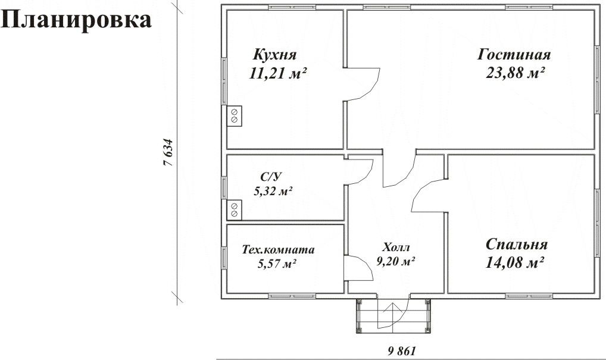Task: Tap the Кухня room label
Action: (x=274, y=55)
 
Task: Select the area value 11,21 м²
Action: (x=278, y=73)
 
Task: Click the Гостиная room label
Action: (x=514, y=55)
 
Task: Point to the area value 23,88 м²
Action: (x=515, y=73)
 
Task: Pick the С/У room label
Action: (x=271, y=177)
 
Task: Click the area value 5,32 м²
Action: (x=273, y=191)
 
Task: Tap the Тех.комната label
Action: (x=278, y=250)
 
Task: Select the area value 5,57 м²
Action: (x=277, y=264)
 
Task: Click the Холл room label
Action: (x=396, y=247)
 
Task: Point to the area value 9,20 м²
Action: (x=396, y=261)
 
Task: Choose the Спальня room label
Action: (x=516, y=245)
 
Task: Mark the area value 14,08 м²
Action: (x=515, y=263)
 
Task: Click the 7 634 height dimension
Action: (x=168, y=152)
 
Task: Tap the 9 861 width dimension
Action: (x=402, y=351)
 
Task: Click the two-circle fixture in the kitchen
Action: (x=234, y=116)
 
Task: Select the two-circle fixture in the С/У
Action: (x=234, y=210)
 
